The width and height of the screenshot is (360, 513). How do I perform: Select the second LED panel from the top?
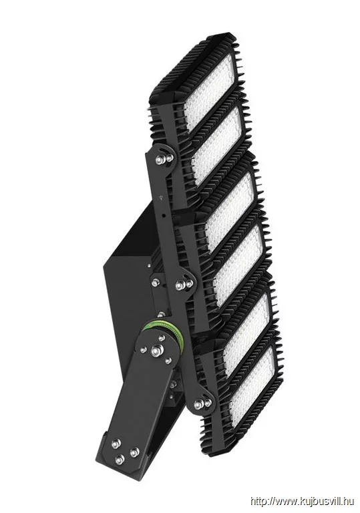(x=218, y=142)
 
